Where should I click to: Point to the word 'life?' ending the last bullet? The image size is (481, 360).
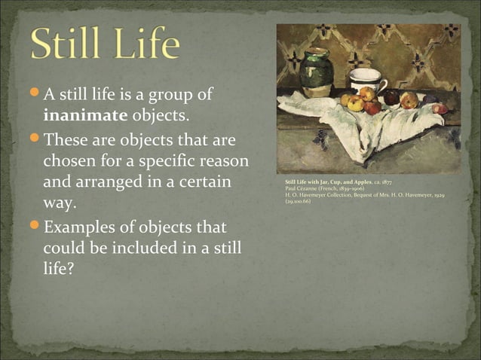pos(58,269)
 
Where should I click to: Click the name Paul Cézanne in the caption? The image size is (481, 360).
pos(305,189)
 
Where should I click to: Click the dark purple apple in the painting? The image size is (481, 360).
pos(391,97)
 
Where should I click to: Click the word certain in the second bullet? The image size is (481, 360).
pos(204,183)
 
